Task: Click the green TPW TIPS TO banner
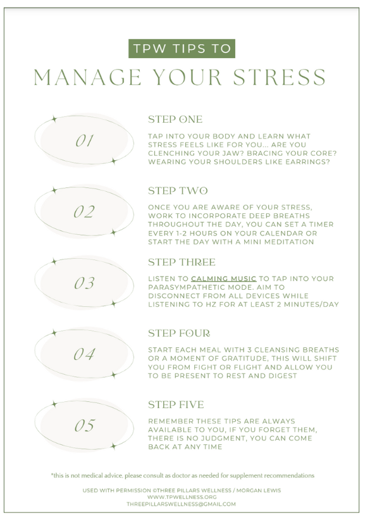pos(182,49)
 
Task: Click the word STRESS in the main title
pos(279,77)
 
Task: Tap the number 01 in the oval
pos(84,140)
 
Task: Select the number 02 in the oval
pos(84,212)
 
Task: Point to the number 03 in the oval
pos(84,283)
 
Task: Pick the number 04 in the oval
pos(84,354)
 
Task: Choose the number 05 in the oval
pos(85,425)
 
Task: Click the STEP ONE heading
pos(175,120)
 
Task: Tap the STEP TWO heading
pos(178,190)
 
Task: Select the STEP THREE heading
pos(182,262)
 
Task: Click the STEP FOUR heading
pos(179,333)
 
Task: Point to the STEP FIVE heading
pos(176,404)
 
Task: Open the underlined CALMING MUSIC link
pos(223,278)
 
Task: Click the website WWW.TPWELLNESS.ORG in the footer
pos(182,497)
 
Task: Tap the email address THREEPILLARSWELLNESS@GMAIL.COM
pos(182,504)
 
